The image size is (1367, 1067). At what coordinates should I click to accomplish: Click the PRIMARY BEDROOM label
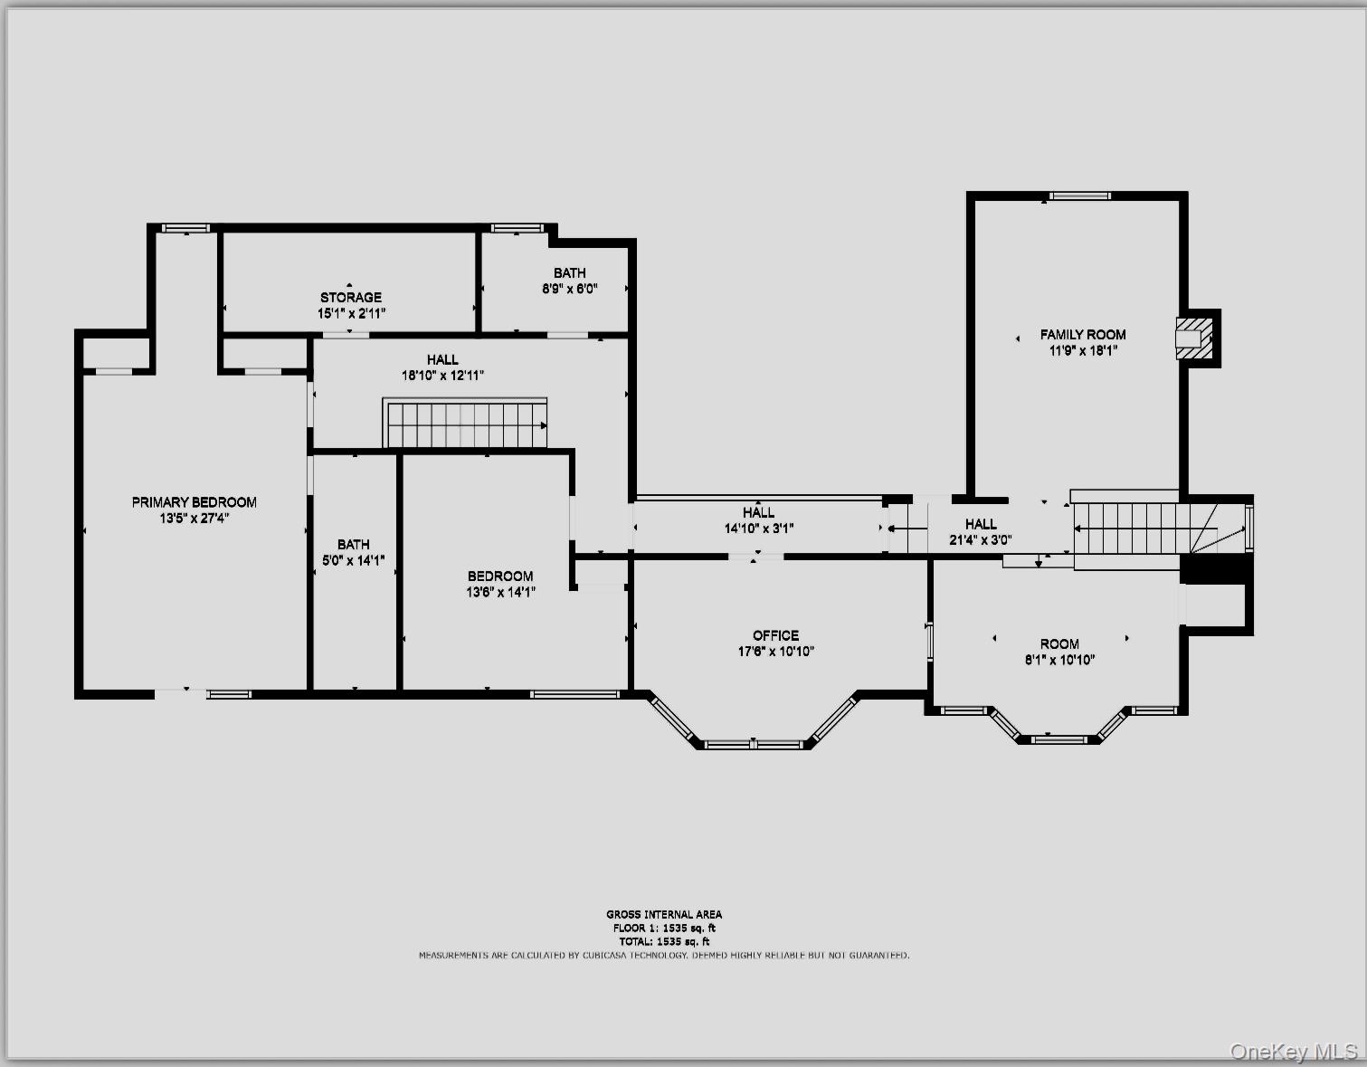pos(194,502)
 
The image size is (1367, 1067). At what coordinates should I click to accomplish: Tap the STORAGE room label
pos(351,297)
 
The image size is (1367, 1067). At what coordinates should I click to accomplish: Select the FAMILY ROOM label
pos(1083,335)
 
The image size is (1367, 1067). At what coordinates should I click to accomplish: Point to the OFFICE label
pos(775,635)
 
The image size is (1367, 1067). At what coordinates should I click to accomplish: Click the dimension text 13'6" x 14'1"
pos(501,592)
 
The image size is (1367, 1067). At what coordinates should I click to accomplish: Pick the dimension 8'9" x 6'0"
pos(570,289)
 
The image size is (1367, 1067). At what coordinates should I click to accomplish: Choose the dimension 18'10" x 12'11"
pos(443,376)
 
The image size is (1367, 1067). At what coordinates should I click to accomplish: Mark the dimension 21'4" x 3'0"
pos(981,539)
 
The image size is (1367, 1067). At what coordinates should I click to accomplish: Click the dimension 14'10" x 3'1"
pos(759,529)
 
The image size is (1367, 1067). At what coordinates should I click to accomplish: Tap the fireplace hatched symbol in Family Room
pos(1194,338)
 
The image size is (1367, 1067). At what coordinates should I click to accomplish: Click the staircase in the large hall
pos(466,424)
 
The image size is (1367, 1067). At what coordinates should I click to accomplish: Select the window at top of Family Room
pos(1080,195)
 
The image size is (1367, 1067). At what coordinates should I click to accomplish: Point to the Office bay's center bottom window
pos(754,745)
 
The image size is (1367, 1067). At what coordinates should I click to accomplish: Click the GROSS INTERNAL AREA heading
pos(664,914)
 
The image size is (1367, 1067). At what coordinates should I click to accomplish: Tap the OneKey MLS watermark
pos(1294,1052)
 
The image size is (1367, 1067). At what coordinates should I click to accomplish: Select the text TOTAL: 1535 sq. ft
pos(664,942)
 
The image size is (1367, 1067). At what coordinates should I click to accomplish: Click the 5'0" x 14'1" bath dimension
pos(354,560)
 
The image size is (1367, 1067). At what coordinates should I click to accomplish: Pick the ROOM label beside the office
pos(1060,644)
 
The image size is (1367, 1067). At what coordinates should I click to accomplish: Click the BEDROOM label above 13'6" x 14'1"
pos(501,576)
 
